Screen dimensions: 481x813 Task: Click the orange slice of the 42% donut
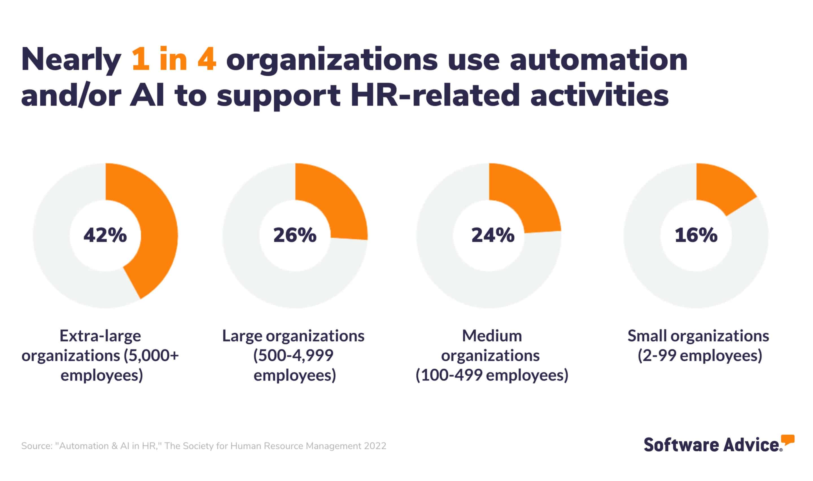coord(156,224)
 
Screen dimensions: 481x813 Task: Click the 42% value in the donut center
coord(105,235)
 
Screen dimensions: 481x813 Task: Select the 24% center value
coord(493,235)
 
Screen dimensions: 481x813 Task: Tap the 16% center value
coord(696,235)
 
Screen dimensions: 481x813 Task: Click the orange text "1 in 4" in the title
coord(174,59)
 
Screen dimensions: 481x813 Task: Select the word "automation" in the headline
coord(598,59)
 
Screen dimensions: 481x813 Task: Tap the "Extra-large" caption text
coord(100,336)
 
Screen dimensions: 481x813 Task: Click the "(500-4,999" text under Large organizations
coord(293,356)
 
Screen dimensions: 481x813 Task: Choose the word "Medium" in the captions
coord(492,336)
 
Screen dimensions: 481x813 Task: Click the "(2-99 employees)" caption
coord(700,356)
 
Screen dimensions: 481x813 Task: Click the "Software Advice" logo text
coord(712,445)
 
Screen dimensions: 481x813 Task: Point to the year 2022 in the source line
coord(375,446)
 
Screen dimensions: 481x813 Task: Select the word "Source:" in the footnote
coord(36,446)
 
